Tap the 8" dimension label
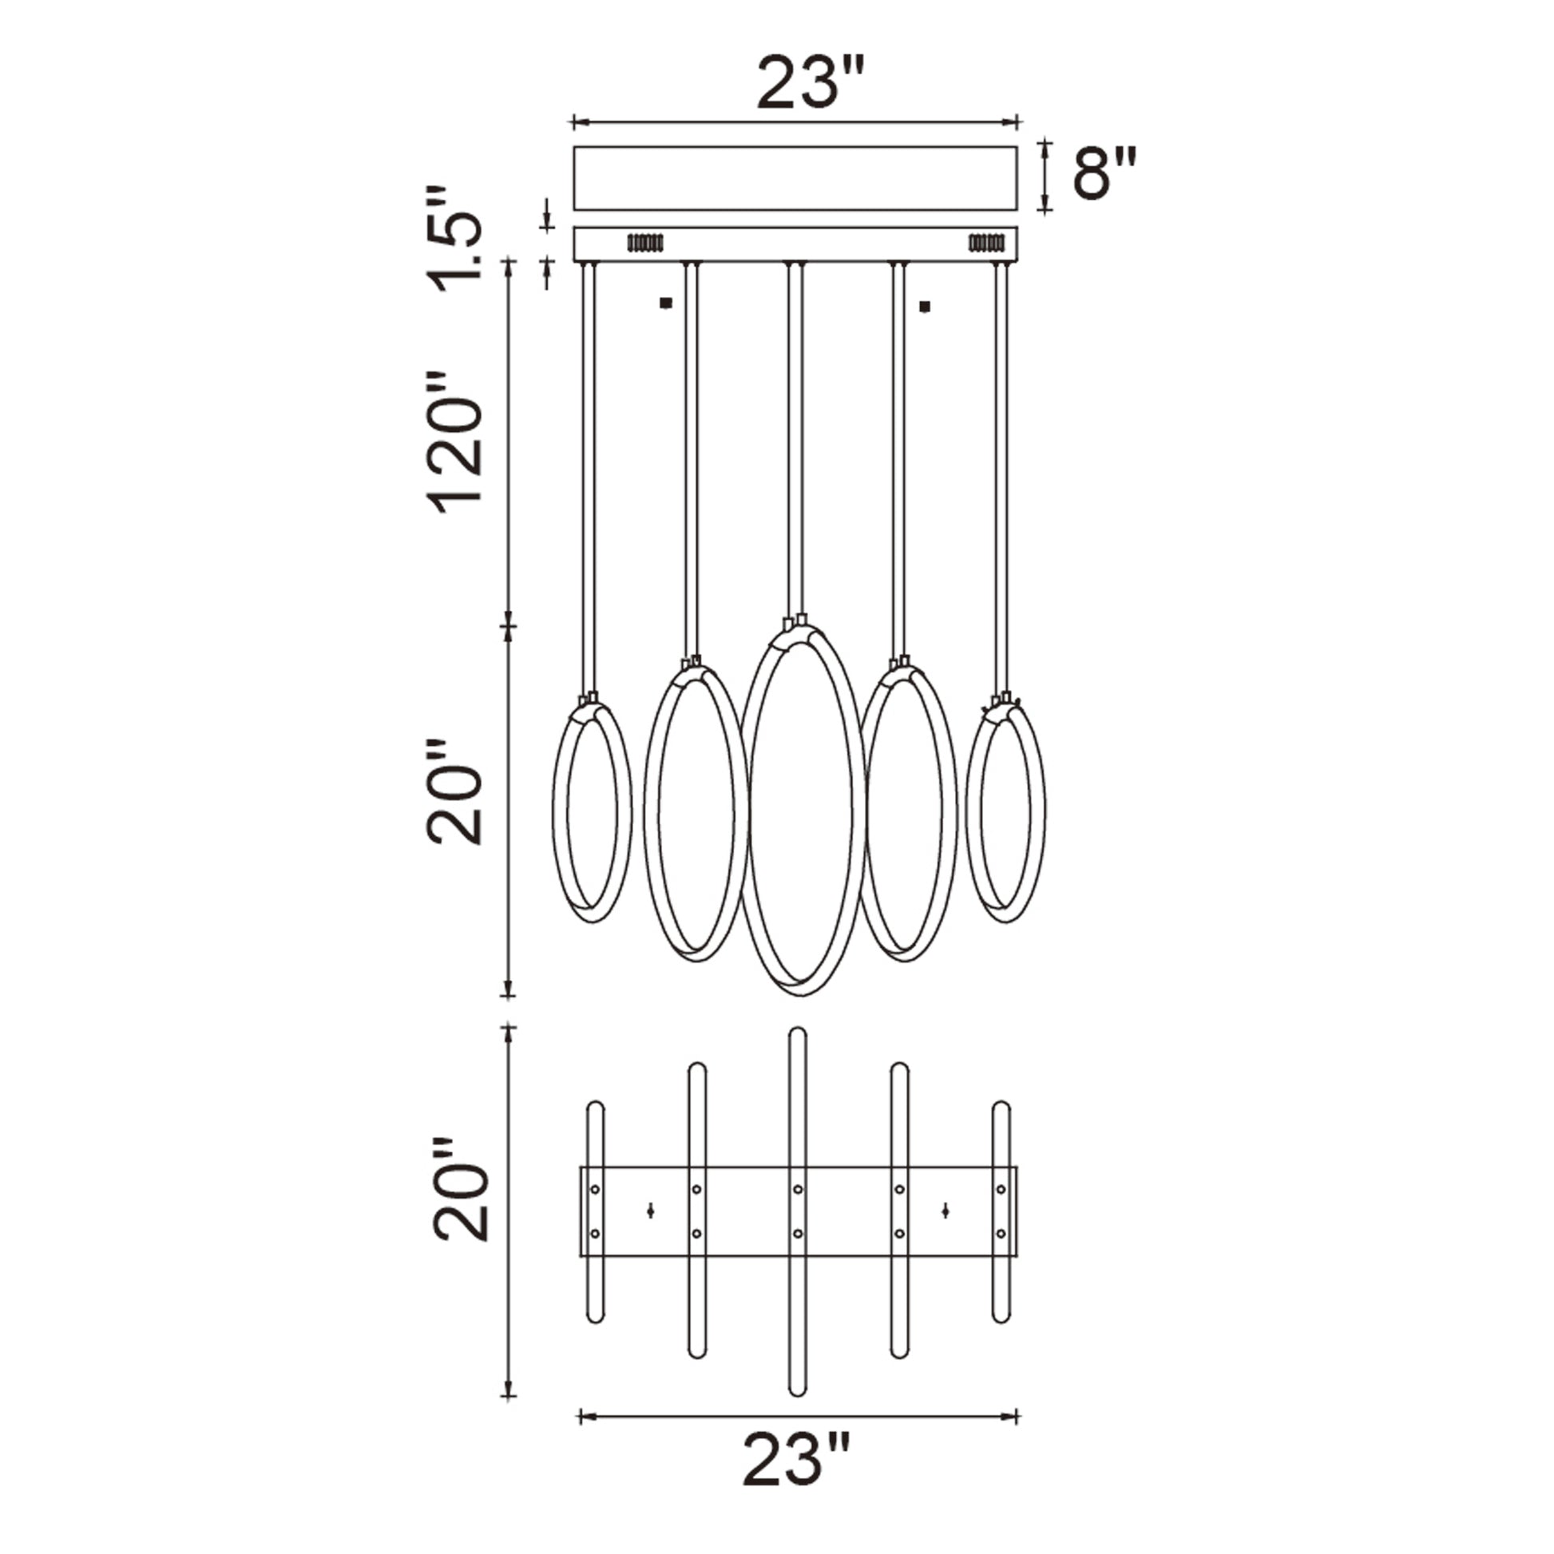click(x=1105, y=172)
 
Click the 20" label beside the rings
click(x=454, y=791)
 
